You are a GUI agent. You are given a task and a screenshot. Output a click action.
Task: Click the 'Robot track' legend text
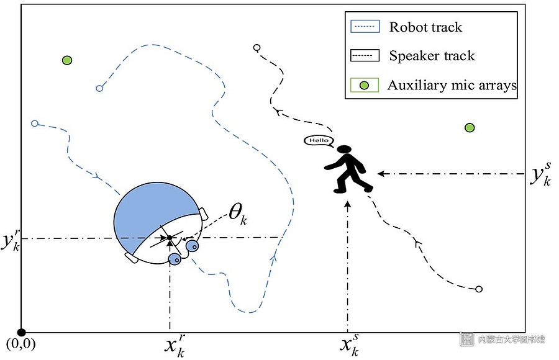(x=425, y=27)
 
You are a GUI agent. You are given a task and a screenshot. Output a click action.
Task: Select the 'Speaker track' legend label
(x=432, y=56)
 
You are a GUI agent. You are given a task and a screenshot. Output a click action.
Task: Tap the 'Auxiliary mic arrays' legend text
(x=452, y=85)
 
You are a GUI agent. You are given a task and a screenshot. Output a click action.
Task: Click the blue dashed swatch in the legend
(x=365, y=26)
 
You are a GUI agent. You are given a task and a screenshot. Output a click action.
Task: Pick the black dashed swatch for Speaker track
(x=365, y=55)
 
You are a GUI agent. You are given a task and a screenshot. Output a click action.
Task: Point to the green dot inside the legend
(x=364, y=86)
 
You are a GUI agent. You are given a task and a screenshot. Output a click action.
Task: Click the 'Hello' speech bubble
(x=319, y=141)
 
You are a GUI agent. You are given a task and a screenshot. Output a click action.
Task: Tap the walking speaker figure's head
(x=344, y=149)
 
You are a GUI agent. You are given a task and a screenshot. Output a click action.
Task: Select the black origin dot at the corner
(x=22, y=333)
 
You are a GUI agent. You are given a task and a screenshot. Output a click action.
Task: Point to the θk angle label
(x=238, y=214)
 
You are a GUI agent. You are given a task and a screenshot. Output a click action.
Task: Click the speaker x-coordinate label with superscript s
(x=349, y=344)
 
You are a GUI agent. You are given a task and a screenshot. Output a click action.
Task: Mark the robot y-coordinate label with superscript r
(x=11, y=239)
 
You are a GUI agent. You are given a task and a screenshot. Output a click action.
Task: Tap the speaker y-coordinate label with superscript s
(x=540, y=174)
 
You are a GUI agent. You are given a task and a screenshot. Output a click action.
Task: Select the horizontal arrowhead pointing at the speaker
(x=381, y=174)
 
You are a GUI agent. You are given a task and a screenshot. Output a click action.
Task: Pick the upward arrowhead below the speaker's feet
(x=348, y=204)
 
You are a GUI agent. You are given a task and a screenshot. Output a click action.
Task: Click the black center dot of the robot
(x=170, y=238)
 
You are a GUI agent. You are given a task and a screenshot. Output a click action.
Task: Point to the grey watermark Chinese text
(x=512, y=339)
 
